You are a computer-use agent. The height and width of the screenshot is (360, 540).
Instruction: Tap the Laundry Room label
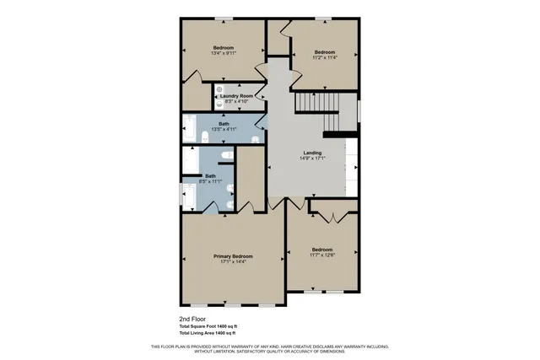click(x=236, y=96)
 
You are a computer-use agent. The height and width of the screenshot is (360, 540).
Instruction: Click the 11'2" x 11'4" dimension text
click(x=325, y=57)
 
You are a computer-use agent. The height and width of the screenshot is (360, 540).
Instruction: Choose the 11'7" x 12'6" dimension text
click(x=322, y=255)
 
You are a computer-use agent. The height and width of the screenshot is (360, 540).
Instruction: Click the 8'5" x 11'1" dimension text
click(x=210, y=181)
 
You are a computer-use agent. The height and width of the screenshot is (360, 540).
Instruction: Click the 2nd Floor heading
click(x=192, y=320)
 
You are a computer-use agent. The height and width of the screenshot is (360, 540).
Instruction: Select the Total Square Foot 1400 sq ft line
click(x=208, y=326)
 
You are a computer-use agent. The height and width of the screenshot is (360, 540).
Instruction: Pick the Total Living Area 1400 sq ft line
click(x=207, y=334)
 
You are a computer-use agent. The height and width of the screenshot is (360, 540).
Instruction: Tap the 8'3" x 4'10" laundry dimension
click(x=236, y=102)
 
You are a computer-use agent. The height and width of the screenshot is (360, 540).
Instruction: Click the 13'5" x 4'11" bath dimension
click(x=224, y=130)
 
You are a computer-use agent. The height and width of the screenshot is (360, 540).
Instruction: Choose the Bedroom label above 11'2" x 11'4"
click(x=325, y=51)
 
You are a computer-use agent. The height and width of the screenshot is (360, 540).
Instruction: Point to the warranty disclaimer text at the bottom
click(x=269, y=349)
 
